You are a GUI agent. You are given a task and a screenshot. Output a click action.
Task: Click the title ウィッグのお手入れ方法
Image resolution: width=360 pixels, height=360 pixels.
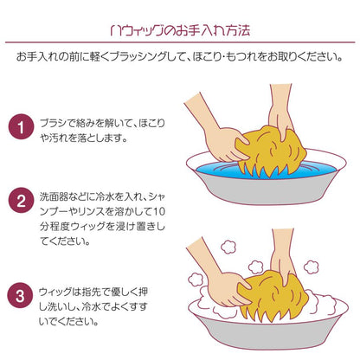(x=180, y=30)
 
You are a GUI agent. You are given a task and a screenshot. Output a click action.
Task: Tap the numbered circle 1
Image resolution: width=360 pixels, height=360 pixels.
(x=21, y=127)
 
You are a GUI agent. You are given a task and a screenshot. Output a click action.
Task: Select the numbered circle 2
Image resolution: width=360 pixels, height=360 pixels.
(x=21, y=201)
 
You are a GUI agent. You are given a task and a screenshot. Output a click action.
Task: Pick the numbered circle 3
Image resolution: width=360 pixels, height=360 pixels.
(x=21, y=295)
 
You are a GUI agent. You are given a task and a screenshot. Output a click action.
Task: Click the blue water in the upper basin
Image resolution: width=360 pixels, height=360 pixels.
(x=214, y=170)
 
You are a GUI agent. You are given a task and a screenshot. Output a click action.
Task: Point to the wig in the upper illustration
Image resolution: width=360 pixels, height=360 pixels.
(x=271, y=151)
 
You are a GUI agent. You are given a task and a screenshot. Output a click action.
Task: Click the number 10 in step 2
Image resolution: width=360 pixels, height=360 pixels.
(x=159, y=211)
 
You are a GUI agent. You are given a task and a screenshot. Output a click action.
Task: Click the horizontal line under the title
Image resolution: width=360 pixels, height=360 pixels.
(x=180, y=42)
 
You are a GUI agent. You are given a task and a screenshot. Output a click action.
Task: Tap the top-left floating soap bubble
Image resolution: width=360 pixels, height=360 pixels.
(x=228, y=247)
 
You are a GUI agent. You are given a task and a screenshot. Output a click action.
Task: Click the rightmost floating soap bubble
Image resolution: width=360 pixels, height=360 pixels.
(x=312, y=267)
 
